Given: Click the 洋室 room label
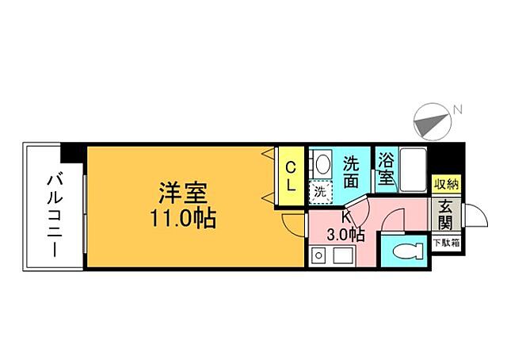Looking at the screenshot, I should tap(183, 193).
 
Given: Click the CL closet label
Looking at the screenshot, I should tap(291, 177).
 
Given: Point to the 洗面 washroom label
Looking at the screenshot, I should tap(352, 171).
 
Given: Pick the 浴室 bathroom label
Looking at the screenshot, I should tap(386, 168).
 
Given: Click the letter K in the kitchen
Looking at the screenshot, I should tap(346, 216).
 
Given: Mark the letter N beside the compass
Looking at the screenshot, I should tap(458, 109).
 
